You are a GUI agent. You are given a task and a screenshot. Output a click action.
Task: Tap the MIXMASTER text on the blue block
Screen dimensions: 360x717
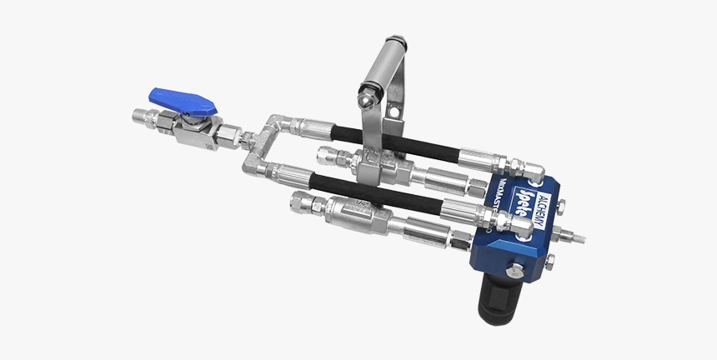[x=495, y=220]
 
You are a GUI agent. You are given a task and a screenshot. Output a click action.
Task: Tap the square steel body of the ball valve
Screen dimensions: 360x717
[x=193, y=126]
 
